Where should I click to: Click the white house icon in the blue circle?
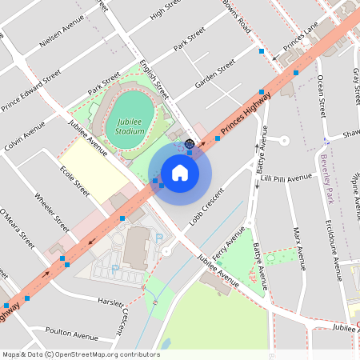pos(180,172)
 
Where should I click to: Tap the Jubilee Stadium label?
pos(130,125)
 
